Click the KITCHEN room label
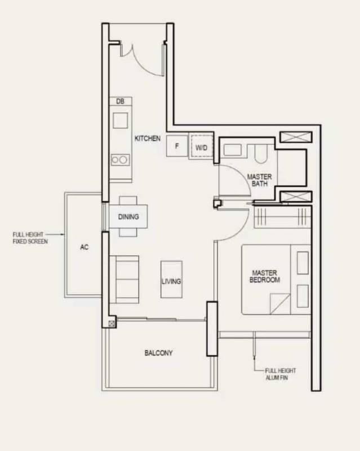148,138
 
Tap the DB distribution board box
121,101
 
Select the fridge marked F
177,146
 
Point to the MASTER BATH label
259,180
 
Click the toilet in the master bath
261,154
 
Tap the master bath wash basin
233,150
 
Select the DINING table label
128,216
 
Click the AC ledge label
85,247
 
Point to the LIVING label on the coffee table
171,281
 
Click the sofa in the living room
125,279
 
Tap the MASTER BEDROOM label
265,276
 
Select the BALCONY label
158,353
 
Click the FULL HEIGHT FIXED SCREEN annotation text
30,238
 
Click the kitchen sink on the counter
121,121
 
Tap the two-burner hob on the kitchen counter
120,160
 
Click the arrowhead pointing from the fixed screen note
63,235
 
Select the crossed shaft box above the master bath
296,137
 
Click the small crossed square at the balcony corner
112,324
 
